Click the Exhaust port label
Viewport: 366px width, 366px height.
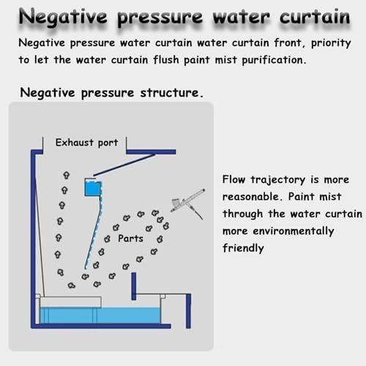point(86,143)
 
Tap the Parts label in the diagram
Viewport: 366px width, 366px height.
point(130,239)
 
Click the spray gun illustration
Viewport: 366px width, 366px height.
point(188,203)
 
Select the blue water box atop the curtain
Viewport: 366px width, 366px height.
point(93,187)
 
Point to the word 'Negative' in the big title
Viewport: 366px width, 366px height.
point(63,17)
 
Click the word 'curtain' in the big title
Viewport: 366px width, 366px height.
point(315,17)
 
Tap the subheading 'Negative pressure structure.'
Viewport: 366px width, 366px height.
point(111,93)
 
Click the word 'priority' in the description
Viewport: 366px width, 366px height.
point(331,43)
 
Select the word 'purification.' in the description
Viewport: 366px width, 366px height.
point(274,60)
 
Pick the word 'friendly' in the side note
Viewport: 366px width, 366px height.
point(243,248)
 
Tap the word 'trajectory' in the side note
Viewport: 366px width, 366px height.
point(278,180)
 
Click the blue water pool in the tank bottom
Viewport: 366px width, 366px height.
point(100,315)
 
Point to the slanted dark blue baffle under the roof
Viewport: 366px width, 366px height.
point(124,165)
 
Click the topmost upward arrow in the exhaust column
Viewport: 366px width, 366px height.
point(67,175)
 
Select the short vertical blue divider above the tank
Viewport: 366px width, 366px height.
point(134,286)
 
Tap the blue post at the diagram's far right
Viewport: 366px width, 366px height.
point(188,311)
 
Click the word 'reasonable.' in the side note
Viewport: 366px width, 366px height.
point(251,197)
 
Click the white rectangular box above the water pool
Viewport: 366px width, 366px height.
point(70,302)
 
